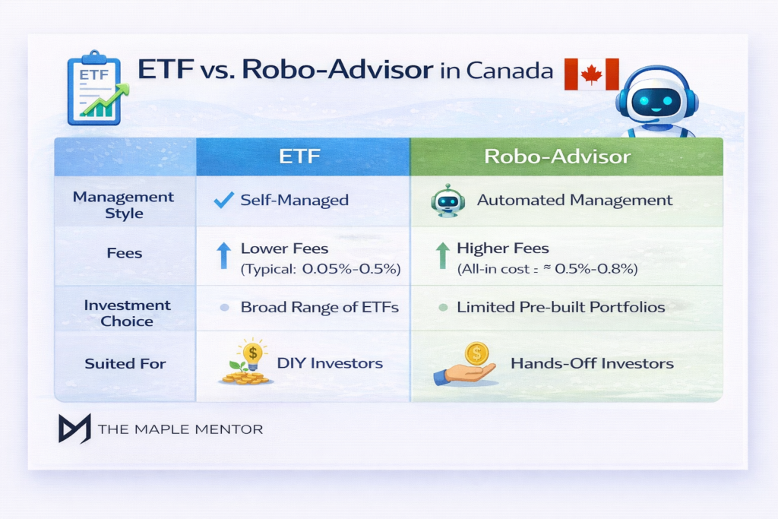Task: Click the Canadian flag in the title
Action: pyautogui.click(x=592, y=74)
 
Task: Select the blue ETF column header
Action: pyautogui.click(x=302, y=157)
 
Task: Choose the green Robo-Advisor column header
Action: pyautogui.click(x=566, y=157)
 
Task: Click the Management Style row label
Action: pyautogui.click(x=123, y=204)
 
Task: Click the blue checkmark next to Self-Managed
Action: pyautogui.click(x=223, y=201)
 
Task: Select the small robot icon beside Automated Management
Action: pyautogui.click(x=448, y=201)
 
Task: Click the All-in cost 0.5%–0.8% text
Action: pyautogui.click(x=547, y=269)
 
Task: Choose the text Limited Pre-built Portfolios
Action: pyautogui.click(x=561, y=308)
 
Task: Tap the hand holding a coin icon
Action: pyautogui.click(x=465, y=363)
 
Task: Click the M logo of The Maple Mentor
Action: pyautogui.click(x=74, y=429)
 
